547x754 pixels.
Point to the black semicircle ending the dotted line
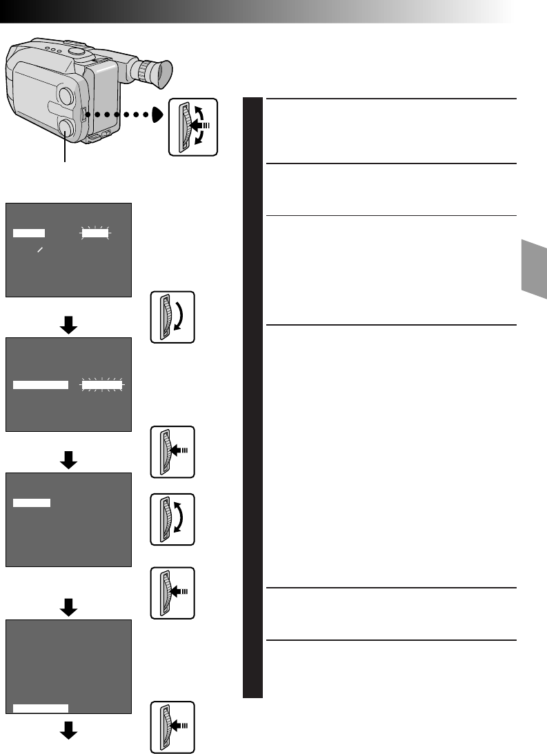click(x=159, y=115)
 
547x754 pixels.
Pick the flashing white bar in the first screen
click(x=95, y=234)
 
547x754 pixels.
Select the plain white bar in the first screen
click(x=30, y=234)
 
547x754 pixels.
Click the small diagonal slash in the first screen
click(x=41, y=250)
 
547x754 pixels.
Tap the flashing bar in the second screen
click(x=101, y=386)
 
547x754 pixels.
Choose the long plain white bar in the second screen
click(x=41, y=385)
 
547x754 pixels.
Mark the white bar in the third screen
click(x=32, y=503)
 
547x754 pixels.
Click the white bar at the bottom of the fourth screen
click(x=41, y=707)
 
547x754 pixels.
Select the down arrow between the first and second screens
click(x=68, y=326)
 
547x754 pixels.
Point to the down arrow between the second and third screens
click(x=68, y=461)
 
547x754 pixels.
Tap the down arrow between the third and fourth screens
click(x=68, y=608)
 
